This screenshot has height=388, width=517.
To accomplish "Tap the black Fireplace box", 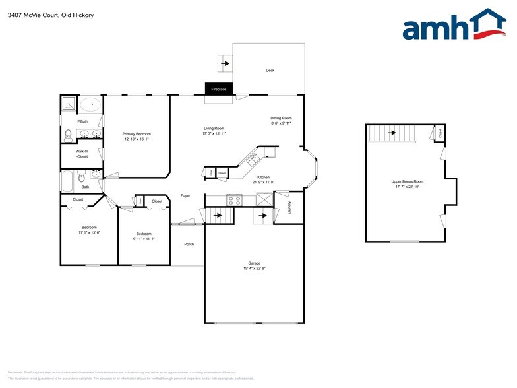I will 218,89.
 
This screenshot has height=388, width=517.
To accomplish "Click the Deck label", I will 270,71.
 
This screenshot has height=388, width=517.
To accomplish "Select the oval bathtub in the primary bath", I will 90,104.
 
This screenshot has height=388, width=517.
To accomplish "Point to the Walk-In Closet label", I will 82,154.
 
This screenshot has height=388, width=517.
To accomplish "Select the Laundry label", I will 289,207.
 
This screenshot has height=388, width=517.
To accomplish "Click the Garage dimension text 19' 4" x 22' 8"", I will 254,268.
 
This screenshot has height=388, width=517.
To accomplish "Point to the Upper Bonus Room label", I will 407,181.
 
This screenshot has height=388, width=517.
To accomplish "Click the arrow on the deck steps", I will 226,64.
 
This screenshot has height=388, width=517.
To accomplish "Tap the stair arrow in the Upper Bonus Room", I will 392,133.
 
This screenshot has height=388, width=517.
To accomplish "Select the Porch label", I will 189,245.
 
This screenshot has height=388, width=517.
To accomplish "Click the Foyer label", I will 185,196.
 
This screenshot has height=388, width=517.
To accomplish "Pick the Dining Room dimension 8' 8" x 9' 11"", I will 281,123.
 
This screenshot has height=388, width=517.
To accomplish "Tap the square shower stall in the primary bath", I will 69,104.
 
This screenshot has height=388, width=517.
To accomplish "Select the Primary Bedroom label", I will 137,134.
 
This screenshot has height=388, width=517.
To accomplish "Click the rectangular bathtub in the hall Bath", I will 68,178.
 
